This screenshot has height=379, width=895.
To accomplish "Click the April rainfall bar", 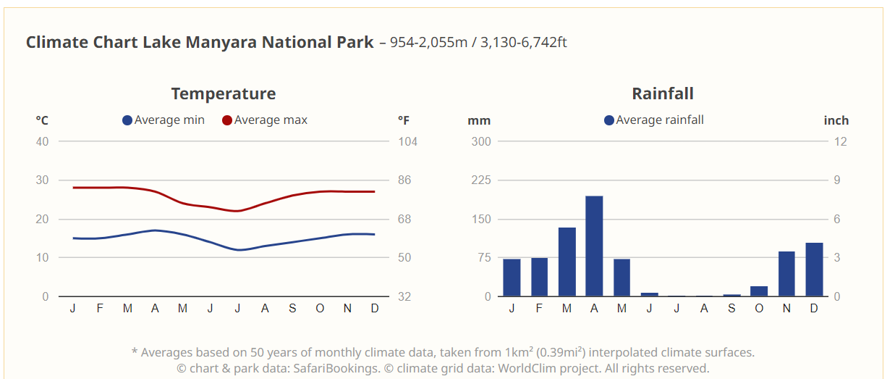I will (594, 246).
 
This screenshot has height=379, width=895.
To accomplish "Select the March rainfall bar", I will (567, 262).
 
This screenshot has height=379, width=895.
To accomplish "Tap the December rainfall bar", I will (814, 270).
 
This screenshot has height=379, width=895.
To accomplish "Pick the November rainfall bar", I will (786, 274).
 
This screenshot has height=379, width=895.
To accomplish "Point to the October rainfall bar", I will (759, 291).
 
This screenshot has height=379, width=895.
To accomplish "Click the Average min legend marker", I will (127, 120).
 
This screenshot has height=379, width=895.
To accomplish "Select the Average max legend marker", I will (227, 120).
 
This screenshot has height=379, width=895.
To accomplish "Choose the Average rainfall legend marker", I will (609, 120).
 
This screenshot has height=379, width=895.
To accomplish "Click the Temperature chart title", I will (223, 93).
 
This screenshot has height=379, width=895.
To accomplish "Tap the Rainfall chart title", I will (662, 93).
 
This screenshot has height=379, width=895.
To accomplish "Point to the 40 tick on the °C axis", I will (43, 141).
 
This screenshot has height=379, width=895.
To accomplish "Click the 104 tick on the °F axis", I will (408, 141).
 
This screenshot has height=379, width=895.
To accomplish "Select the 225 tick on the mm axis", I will (481, 180).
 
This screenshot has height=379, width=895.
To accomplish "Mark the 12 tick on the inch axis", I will (840, 141).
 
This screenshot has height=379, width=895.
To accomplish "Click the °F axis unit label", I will (403, 120).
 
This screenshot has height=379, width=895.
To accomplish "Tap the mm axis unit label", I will (479, 120).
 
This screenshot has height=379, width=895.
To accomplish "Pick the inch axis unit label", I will (836, 120).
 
